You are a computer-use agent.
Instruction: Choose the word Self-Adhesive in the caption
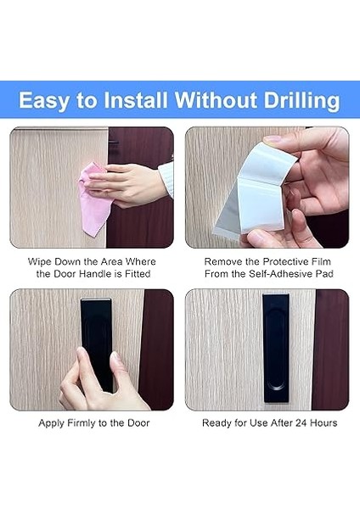[282, 274]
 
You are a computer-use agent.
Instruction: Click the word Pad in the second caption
[325, 274]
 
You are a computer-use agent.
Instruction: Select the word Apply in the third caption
[53, 422]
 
